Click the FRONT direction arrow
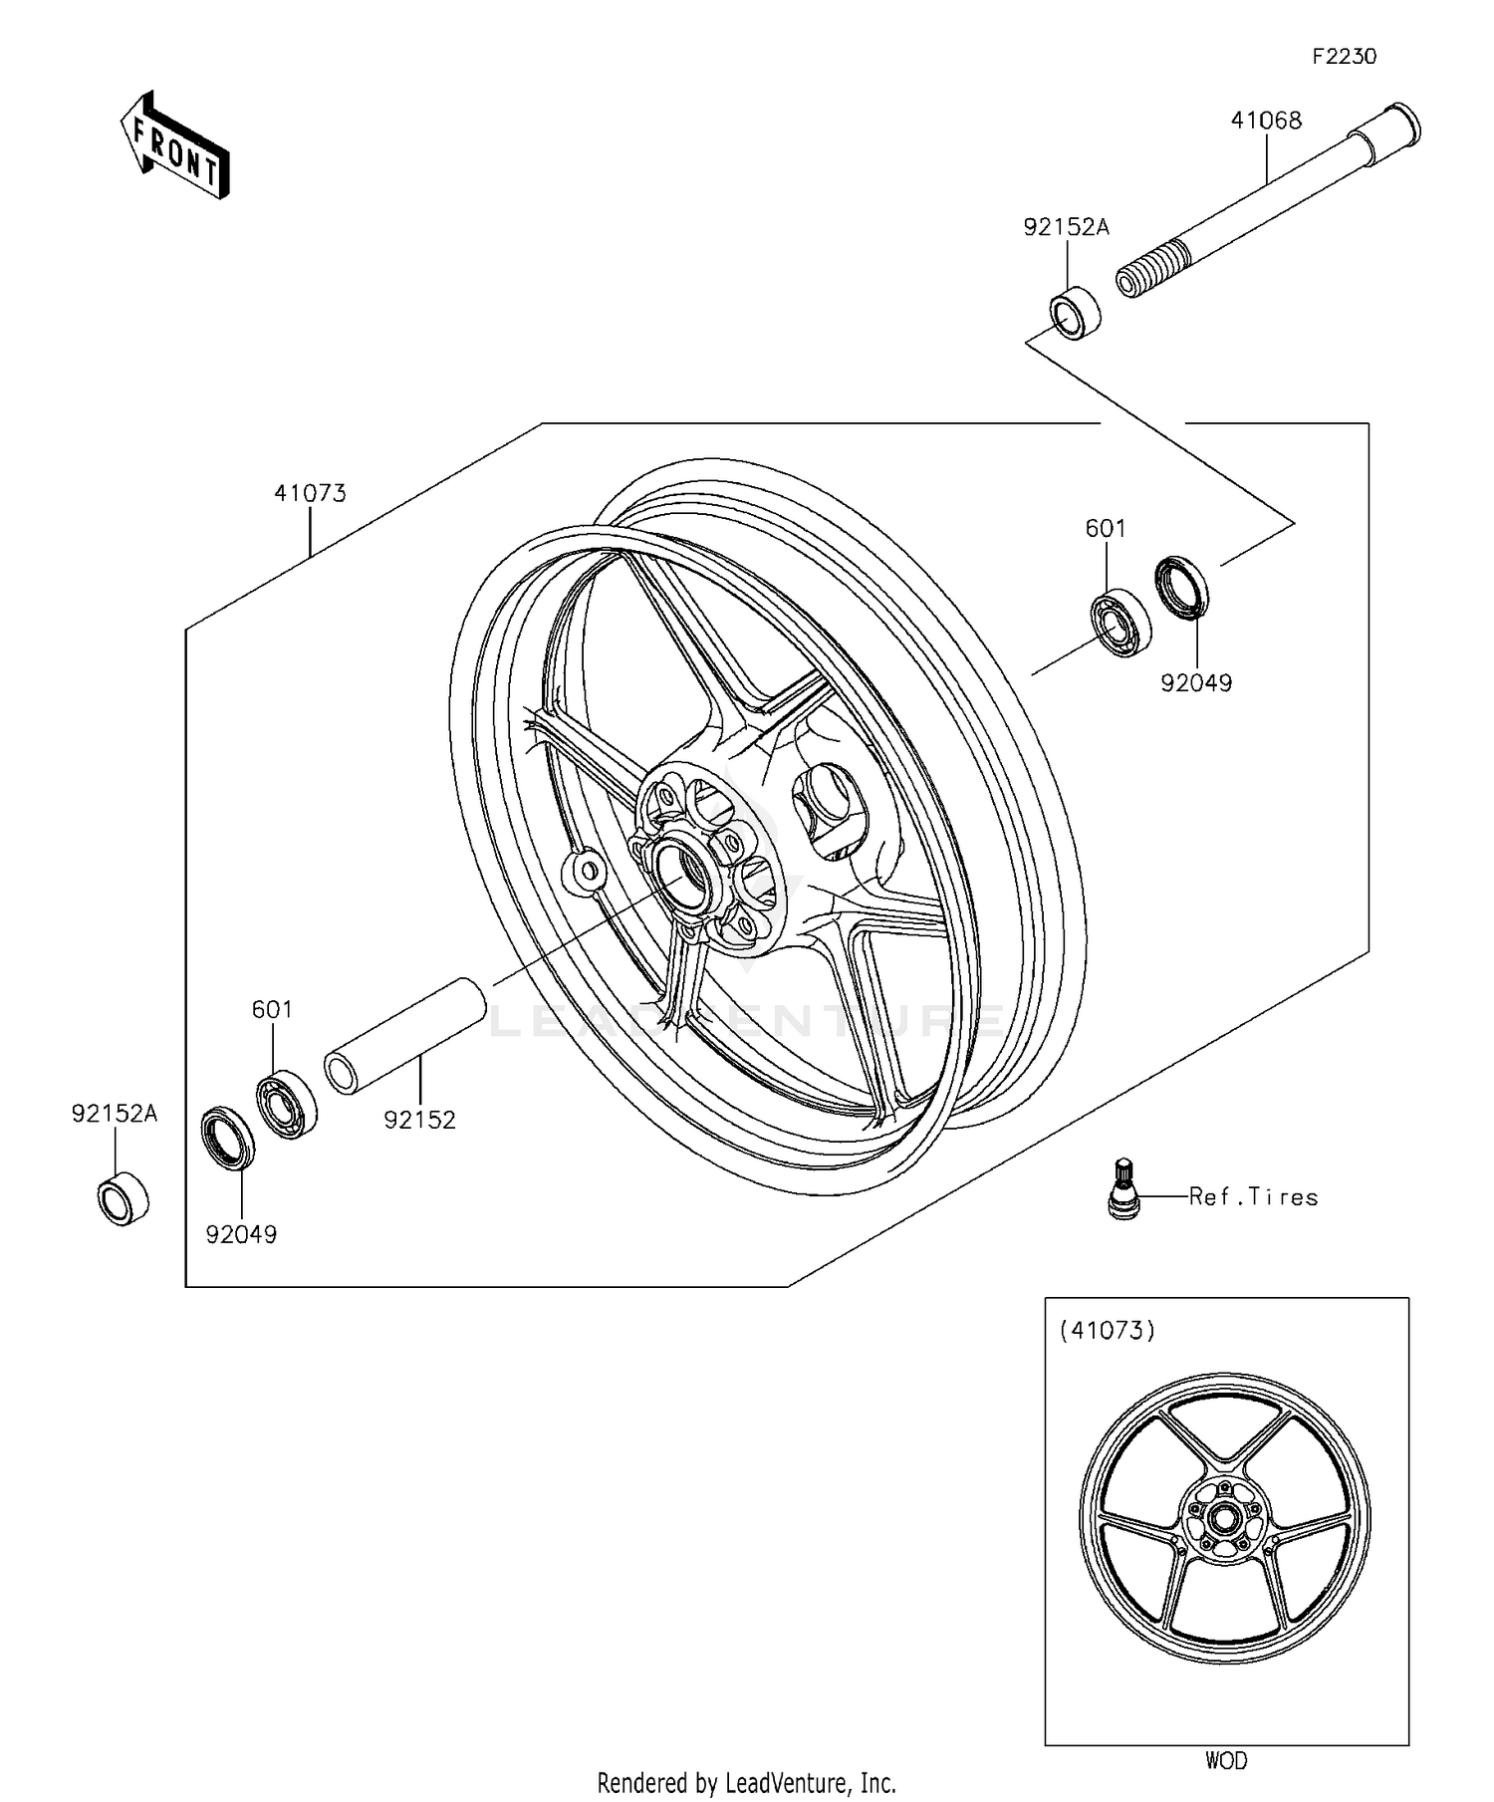click(x=174, y=145)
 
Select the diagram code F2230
click(x=1343, y=57)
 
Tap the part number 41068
click(x=1266, y=121)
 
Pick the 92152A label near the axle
click(x=1066, y=227)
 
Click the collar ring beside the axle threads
click(x=1075, y=312)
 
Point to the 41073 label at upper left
click(x=311, y=493)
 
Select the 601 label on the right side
click(x=1106, y=528)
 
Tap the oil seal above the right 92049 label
click(x=1182, y=586)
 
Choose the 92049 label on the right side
click(x=1195, y=683)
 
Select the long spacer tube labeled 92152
click(x=405, y=1037)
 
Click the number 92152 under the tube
click(x=419, y=1120)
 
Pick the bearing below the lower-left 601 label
click(x=287, y=1104)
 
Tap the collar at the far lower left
click(x=123, y=1200)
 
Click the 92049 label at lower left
click(x=241, y=1234)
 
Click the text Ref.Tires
click(x=1253, y=1196)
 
